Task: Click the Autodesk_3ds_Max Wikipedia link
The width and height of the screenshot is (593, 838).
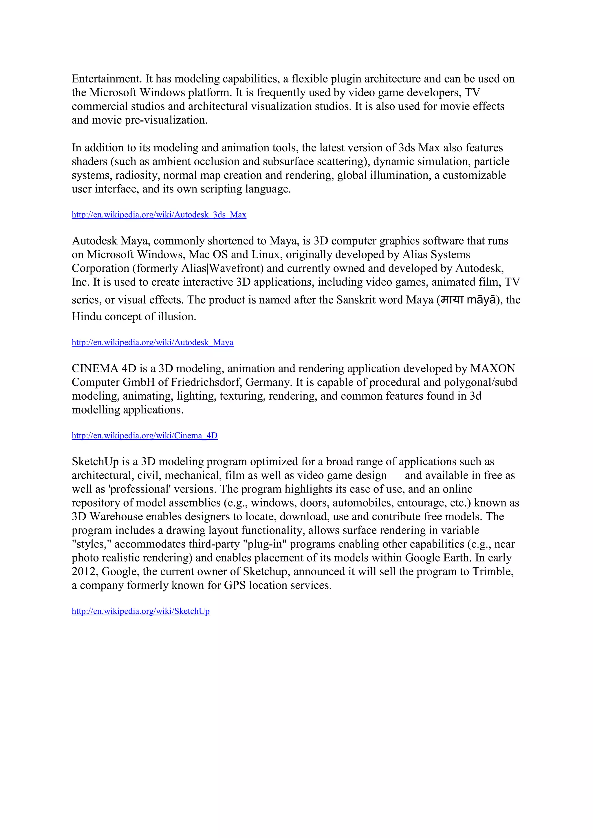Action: tap(159, 215)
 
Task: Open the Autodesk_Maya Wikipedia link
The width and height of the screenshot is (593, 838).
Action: tap(152, 342)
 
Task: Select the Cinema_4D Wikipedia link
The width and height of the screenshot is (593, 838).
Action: tap(144, 435)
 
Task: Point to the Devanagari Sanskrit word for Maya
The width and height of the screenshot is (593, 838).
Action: tap(452, 300)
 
